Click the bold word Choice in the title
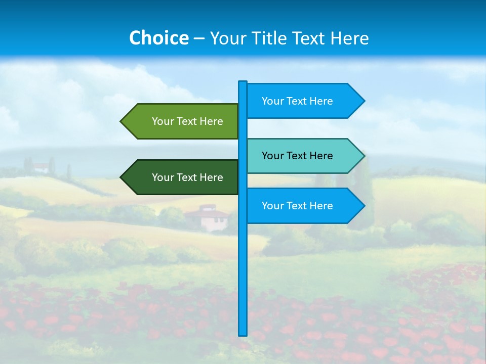coord(158,38)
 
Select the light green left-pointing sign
coord(182,121)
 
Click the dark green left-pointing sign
coord(182,177)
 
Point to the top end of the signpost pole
coord(243,82)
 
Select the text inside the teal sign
coord(297,156)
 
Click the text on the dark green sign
coord(187,177)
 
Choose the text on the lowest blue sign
coord(297,206)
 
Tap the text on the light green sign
coord(187,121)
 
